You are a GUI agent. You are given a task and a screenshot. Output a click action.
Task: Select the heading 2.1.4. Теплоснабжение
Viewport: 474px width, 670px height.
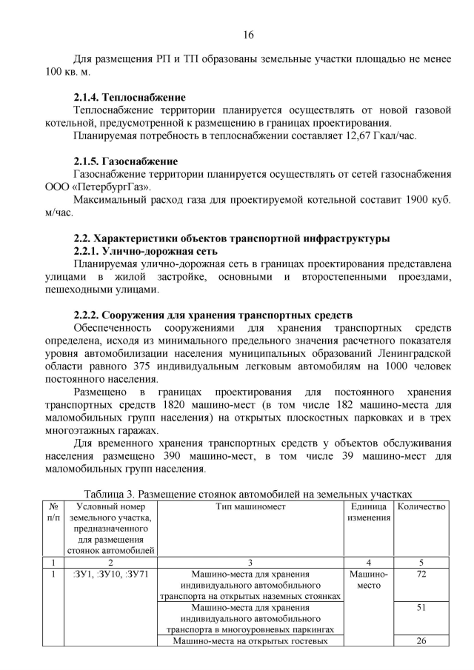pyautogui.click(x=129, y=97)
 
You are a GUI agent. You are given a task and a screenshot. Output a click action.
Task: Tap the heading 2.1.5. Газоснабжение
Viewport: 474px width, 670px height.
pyautogui.click(x=125, y=161)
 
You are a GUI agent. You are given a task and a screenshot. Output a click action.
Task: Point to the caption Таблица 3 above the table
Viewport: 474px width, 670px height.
pyautogui.click(x=248, y=494)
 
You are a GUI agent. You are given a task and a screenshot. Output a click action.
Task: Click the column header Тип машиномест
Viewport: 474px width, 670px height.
pyautogui.click(x=250, y=506)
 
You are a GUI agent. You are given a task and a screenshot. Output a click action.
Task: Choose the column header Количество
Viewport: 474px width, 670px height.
pyautogui.click(x=421, y=506)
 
